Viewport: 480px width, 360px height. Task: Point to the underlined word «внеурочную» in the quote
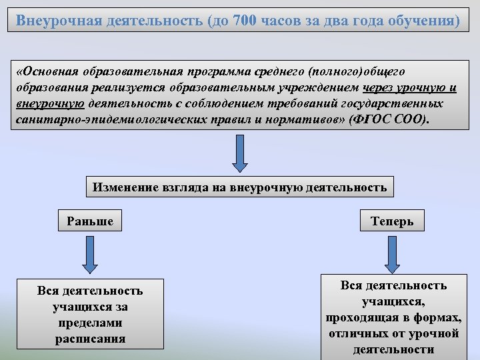tap(51, 104)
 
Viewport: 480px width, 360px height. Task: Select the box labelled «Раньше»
tap(90, 221)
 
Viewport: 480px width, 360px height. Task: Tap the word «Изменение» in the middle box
tap(123, 187)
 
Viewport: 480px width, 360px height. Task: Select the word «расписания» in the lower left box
tap(90, 338)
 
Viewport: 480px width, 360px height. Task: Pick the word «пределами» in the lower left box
tap(90, 323)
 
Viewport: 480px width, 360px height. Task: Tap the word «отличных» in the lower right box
tap(355, 333)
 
